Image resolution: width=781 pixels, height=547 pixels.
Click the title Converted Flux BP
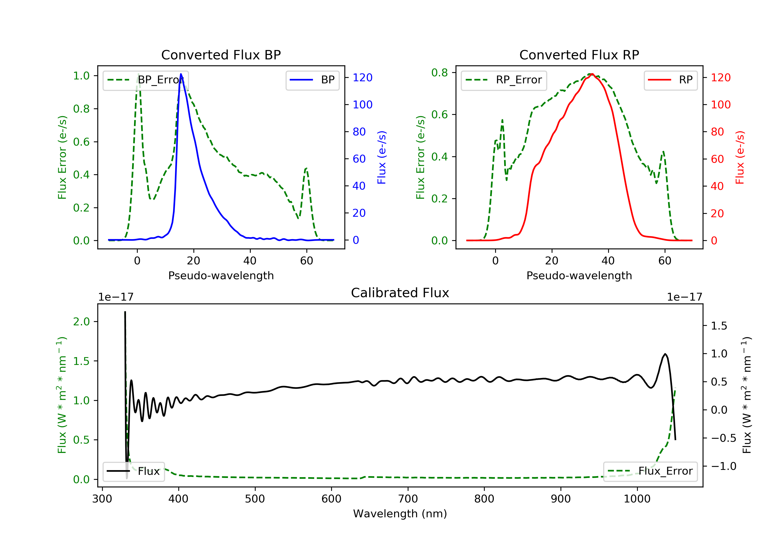coord(221,55)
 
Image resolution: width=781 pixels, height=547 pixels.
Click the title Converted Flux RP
coord(579,55)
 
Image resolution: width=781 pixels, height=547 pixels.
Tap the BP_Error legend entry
coord(146,80)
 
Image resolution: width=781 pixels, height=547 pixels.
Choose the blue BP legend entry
coord(312,80)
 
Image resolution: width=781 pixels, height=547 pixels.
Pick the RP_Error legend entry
coord(504,80)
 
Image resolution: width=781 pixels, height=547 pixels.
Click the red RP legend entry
coord(670,80)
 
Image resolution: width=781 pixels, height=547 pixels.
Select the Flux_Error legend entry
coord(650,471)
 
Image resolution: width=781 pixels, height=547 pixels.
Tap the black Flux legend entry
coord(134,471)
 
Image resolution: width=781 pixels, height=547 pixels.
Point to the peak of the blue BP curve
coord(181,74)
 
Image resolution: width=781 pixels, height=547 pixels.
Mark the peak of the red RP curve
coord(592,74)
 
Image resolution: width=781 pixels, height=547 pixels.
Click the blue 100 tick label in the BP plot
coord(362,104)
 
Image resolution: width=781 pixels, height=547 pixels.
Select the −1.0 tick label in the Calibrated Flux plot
coord(723,466)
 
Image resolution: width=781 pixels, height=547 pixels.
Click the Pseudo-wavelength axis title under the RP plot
coord(579,275)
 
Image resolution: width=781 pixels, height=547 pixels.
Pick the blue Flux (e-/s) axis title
coord(382,157)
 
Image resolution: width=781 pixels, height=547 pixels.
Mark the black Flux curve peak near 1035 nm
coord(665,354)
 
